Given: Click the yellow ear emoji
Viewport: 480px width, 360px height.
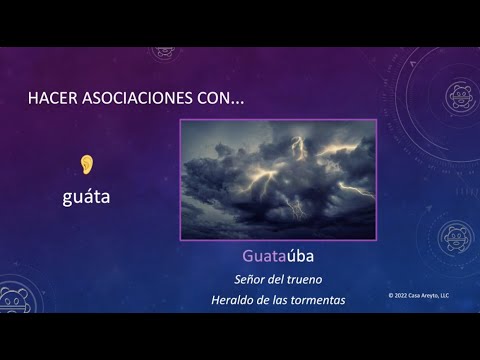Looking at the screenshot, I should click(x=87, y=163).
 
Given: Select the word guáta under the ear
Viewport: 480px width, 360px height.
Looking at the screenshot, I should click(x=86, y=197).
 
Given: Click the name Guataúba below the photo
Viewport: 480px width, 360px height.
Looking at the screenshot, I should click(x=278, y=256).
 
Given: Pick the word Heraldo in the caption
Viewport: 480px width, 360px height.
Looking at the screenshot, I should click(x=235, y=299).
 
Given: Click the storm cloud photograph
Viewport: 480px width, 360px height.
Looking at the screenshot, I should click(x=277, y=180).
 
